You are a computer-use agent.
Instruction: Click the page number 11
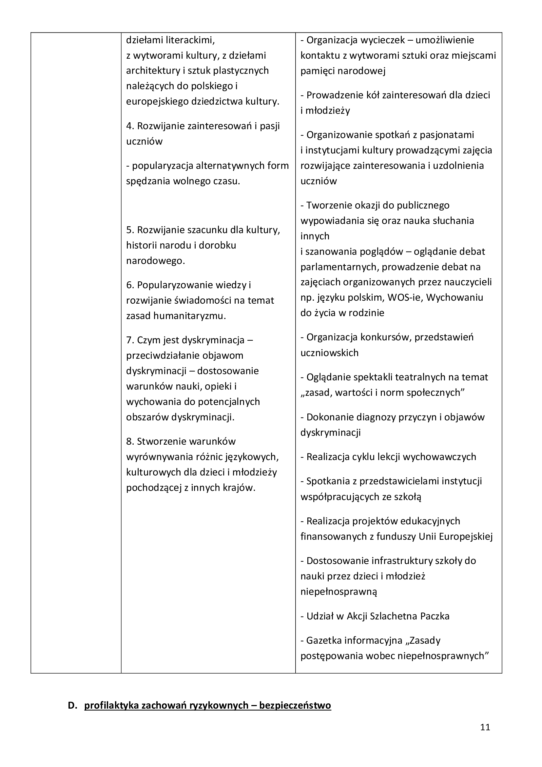(485, 727)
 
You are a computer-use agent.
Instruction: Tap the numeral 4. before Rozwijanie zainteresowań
(130, 126)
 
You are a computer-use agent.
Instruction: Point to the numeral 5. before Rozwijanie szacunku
(130, 230)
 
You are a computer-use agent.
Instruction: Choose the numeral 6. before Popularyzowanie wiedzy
(130, 285)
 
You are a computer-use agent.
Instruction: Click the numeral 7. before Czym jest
(130, 340)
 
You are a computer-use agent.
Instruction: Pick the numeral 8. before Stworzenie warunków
(130, 441)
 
